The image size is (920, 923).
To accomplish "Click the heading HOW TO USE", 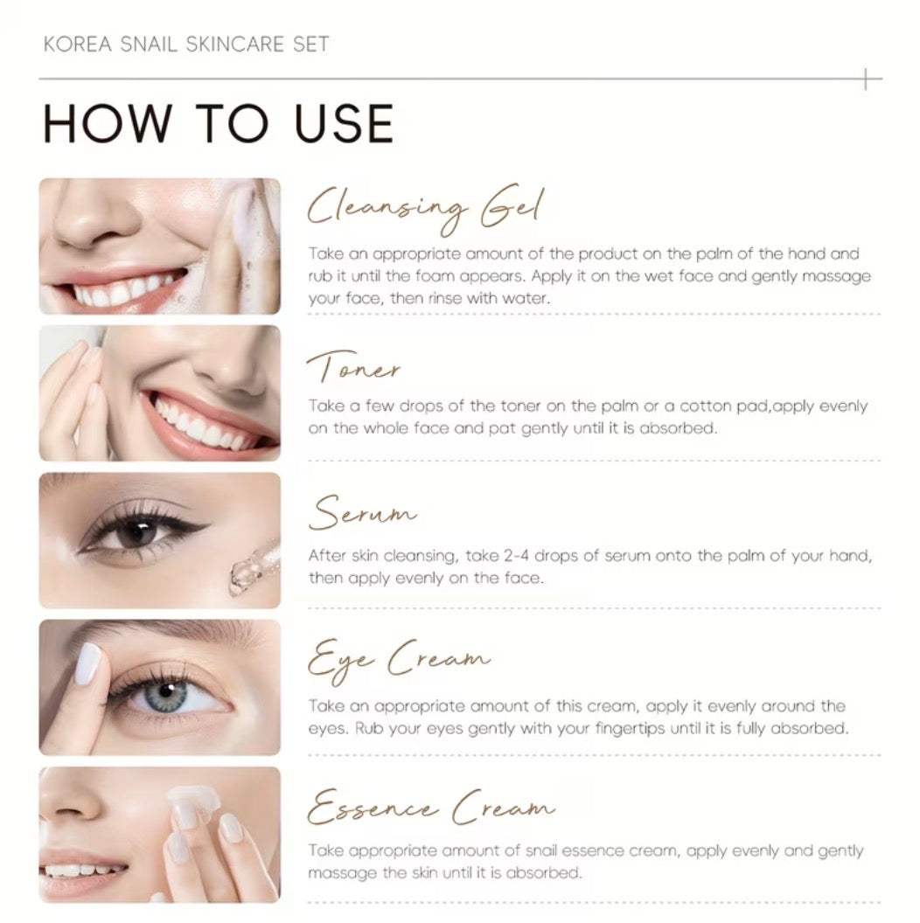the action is pos(218,123).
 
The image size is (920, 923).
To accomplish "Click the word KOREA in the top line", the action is pos(77,45).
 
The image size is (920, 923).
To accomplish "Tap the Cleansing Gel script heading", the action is pos(425,210).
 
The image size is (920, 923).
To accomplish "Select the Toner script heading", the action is pos(353,366).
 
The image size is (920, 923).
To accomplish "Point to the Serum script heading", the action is pos(363,512).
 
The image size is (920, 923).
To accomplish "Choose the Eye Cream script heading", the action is pos(399,661).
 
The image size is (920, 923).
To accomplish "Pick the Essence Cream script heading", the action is pos(431,807).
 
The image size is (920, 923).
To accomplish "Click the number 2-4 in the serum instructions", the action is pos(516,556).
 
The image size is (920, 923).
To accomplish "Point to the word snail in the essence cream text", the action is pos(540,850).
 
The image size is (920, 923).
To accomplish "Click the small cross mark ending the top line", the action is pos(866,79).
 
